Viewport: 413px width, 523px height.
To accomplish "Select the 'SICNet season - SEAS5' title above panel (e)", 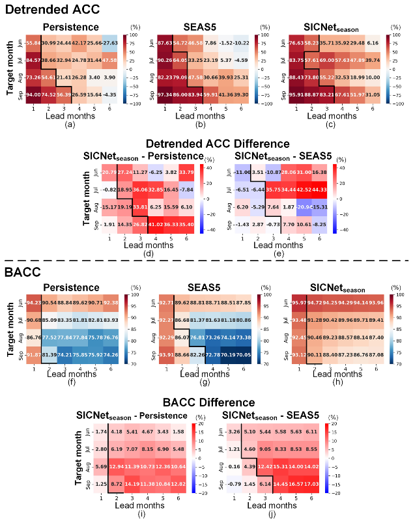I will [x=270, y=156].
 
